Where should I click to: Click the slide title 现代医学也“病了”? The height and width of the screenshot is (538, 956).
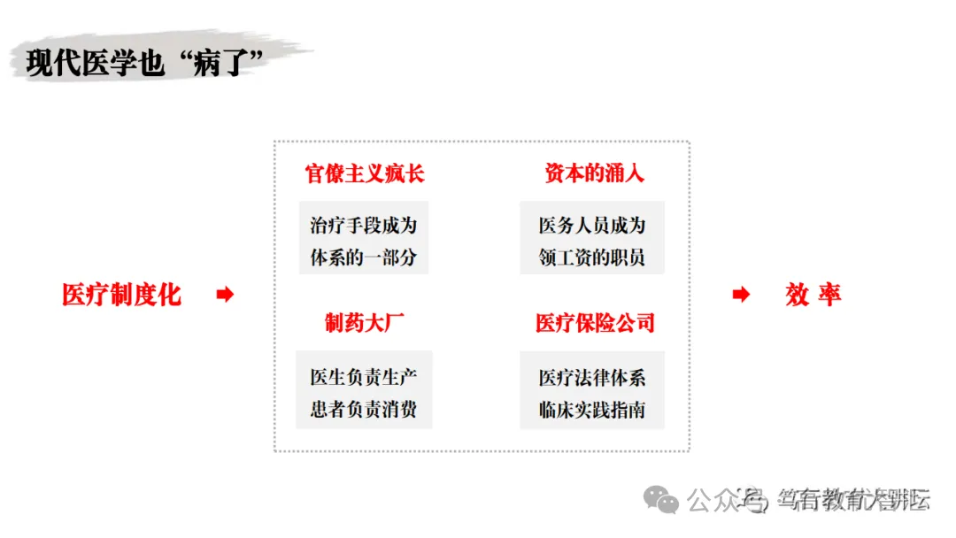click(146, 62)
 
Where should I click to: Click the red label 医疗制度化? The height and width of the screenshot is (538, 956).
click(122, 295)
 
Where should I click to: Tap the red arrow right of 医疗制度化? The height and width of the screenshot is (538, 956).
click(225, 295)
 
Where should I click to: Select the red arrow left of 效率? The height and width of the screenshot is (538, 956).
click(741, 295)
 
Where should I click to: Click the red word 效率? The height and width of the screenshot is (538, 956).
click(813, 295)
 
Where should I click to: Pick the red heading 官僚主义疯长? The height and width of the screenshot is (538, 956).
click(365, 173)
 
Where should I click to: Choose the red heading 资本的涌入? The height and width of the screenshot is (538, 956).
click(593, 173)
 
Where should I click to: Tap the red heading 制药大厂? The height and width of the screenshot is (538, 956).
click(365, 323)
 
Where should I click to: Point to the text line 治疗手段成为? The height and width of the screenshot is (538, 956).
click(363, 226)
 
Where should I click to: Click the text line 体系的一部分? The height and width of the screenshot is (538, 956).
click(363, 258)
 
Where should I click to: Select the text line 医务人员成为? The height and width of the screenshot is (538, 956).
click(592, 226)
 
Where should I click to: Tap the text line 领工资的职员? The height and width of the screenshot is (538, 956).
click(592, 258)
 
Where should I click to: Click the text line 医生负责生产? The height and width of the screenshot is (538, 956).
click(363, 377)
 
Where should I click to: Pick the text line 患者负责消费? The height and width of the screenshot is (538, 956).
click(363, 411)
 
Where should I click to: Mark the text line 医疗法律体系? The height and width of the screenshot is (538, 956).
click(592, 377)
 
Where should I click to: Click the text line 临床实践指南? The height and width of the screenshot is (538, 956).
click(592, 411)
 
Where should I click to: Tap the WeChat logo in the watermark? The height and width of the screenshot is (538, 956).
click(662, 501)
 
